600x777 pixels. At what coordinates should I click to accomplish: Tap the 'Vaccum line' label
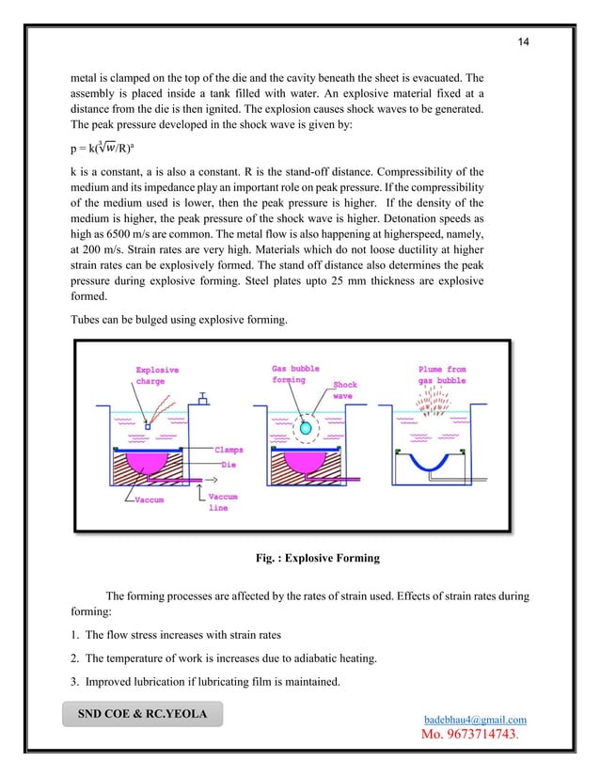(x=222, y=501)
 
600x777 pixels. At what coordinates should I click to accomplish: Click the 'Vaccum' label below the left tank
(x=145, y=499)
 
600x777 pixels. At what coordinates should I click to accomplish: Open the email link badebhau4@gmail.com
(x=480, y=720)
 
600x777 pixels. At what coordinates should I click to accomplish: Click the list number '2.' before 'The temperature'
(x=81, y=658)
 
